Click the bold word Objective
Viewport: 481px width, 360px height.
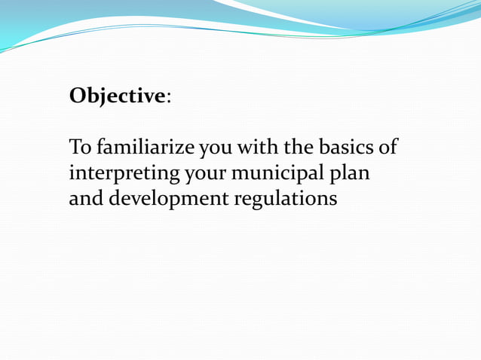tap(117, 97)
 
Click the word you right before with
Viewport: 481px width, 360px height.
tap(216, 148)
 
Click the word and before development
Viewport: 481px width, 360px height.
tap(84, 199)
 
